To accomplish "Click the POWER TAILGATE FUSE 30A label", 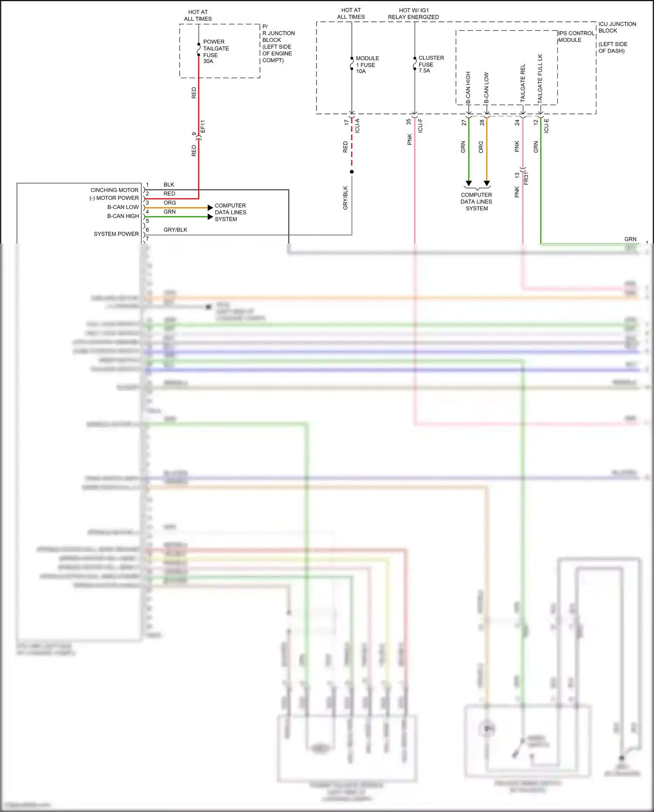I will (215, 51).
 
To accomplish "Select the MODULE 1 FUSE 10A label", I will (367, 65).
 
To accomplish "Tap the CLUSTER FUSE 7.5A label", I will (430, 64).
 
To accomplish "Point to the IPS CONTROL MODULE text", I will (576, 36).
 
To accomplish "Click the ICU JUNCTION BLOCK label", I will (617, 27).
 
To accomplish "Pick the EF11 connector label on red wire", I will (203, 127).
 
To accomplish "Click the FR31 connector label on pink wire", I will (526, 178).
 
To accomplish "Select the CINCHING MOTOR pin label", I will (114, 190).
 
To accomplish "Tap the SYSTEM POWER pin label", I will (116, 234).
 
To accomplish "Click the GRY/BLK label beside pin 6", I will (175, 230).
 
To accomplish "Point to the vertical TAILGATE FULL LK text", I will (540, 79).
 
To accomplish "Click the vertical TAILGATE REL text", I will (523, 83).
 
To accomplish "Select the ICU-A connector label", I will (358, 126).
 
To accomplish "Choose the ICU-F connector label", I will (420, 125).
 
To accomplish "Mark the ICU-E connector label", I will (546, 126).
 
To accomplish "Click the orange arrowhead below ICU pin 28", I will (487, 183).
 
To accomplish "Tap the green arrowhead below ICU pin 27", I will (469, 183).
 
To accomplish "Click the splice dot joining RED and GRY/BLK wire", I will (352, 171).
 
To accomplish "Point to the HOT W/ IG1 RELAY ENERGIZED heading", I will (413, 14).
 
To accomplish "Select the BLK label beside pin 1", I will (169, 185).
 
